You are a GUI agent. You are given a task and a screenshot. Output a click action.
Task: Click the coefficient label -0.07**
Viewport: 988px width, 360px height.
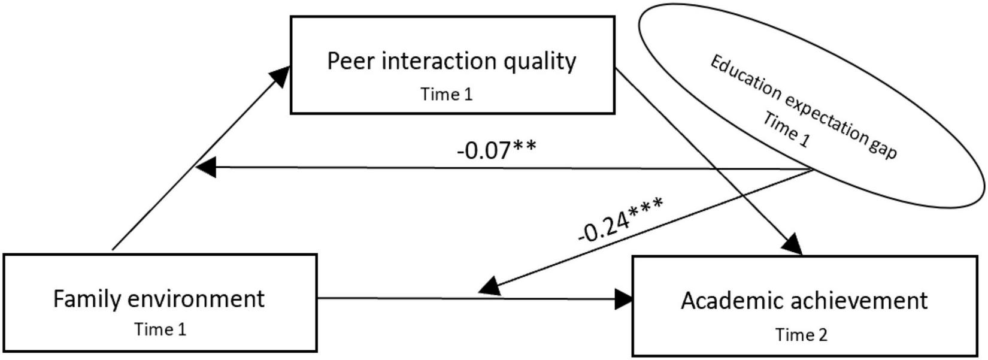[496, 150]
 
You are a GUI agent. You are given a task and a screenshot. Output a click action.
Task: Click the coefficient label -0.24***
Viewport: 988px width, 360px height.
[620, 220]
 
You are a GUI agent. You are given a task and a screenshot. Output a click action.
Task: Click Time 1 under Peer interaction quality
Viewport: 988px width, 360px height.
[446, 94]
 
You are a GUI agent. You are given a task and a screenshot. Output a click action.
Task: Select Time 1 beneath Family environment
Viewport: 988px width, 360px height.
[160, 329]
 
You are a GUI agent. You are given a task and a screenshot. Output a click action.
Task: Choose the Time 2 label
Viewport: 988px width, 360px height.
[801, 335]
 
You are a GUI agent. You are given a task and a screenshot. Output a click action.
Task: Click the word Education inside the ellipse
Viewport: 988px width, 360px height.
[744, 77]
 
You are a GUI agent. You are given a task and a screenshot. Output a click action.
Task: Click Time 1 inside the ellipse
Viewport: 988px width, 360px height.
[786, 129]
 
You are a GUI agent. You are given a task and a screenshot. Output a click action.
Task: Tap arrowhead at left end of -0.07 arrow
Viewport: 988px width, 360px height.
[206, 168]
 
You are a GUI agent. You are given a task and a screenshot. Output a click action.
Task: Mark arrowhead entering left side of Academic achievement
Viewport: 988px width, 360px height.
[624, 299]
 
